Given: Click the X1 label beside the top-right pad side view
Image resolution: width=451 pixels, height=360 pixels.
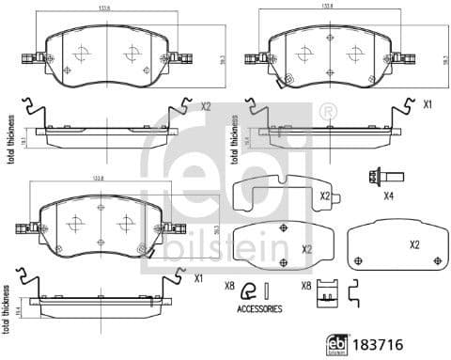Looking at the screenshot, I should coord(428,104).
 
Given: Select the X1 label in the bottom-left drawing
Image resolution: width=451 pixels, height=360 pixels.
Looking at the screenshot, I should coord(198,278).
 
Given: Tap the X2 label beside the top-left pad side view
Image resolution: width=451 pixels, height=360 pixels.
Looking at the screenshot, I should coord(206,106).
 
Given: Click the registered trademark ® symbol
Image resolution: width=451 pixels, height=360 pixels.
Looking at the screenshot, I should coord(328,114).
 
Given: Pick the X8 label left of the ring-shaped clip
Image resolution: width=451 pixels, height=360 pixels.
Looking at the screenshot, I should coord(228,286).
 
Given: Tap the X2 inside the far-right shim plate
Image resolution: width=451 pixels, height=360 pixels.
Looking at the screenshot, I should coord(414,244).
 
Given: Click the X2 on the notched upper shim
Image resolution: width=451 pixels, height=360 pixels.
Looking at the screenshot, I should coord(325,196).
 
